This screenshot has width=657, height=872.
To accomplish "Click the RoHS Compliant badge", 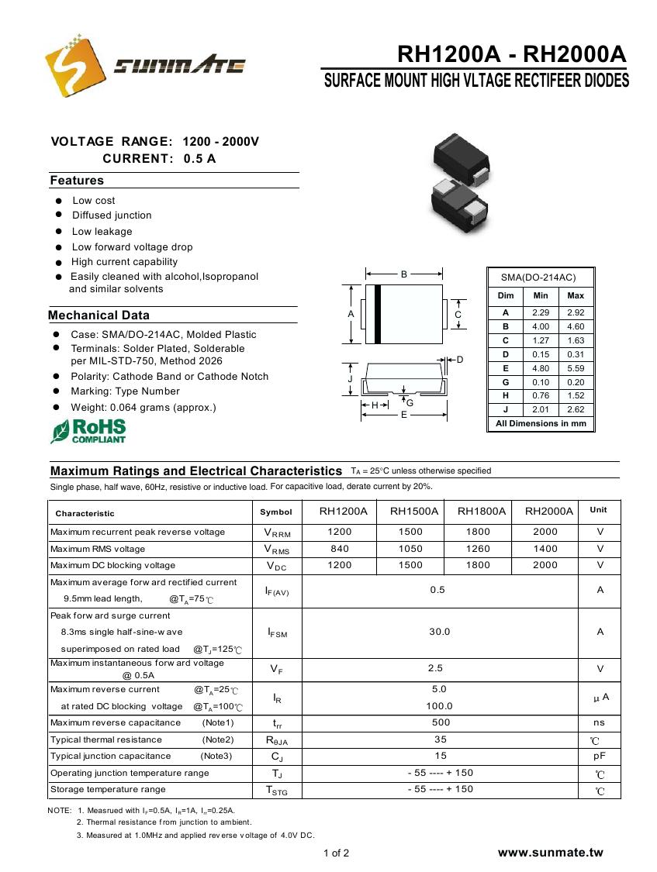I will coord(88,431).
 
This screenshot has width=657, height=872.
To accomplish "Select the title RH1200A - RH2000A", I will coord(510,55).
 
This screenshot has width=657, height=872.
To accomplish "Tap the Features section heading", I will coord(77,181).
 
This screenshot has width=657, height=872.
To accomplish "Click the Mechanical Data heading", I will coord(99,315).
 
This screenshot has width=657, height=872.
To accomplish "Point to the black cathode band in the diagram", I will coord(378,314).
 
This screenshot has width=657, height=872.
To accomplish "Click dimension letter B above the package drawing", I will coord(403,274).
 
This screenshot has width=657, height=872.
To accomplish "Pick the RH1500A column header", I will coord(413,511).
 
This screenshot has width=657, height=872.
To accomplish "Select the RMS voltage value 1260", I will coord(478,549).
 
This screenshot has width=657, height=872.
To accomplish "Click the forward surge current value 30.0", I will coord(439,632).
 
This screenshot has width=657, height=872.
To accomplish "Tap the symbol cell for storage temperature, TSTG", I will coord(276,790).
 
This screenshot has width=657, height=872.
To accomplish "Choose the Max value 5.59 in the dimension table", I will coord(576,368).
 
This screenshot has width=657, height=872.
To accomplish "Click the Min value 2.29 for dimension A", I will coord(541,312).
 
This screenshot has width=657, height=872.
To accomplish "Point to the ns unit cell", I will coord(599,722).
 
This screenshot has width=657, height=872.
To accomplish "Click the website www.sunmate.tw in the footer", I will coord(550,853).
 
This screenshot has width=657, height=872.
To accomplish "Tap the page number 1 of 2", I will coord(336,853).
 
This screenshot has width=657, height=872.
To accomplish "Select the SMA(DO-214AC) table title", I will coord(538,277).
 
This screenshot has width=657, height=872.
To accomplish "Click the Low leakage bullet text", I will coord(102,232).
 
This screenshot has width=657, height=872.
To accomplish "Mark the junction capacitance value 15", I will coord(441,756).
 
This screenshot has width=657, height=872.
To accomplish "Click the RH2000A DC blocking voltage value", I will coord(545,565).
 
